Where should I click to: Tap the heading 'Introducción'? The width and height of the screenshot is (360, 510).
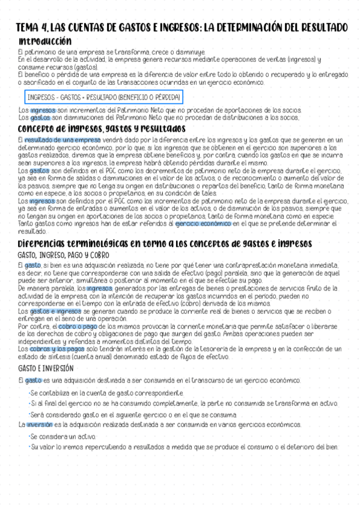coord(46,41)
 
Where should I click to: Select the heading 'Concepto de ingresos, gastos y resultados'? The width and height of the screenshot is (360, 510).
coord(102,129)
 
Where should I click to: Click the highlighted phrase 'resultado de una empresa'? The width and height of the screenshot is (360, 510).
coord(58,140)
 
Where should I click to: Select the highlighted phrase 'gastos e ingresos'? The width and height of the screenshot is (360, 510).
coord(56,312)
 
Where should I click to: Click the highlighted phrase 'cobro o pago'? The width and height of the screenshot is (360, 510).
coord(75,326)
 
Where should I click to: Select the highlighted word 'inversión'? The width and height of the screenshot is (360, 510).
coord(40,425)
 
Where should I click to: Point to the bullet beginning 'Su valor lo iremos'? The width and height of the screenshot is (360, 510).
coord(185,447)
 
